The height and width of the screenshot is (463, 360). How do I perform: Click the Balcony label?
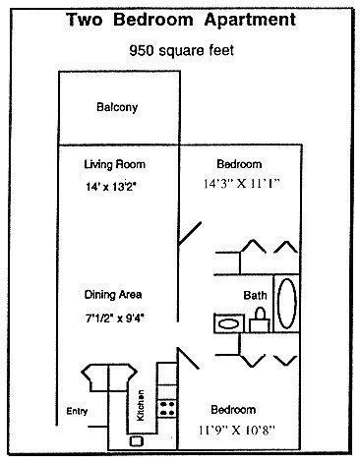[x=117, y=107]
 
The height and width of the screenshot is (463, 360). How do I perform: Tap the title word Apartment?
[x=250, y=20]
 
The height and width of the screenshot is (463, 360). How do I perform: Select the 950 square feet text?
[x=182, y=51]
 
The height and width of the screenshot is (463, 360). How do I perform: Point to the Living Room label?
[x=114, y=164]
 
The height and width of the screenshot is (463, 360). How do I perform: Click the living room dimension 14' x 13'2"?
[x=111, y=187]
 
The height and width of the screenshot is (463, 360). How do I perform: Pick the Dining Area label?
[x=113, y=295]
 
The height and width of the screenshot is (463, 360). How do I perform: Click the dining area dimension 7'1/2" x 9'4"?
[x=115, y=318]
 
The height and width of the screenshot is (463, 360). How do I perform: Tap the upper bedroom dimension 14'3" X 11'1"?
[x=241, y=184]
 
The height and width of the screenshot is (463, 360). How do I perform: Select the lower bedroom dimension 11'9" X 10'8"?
[x=236, y=430]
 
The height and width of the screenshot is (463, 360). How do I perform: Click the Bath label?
[x=255, y=295]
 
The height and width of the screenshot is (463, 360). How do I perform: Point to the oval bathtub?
[x=287, y=304]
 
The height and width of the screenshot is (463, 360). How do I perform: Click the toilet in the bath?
[x=260, y=320]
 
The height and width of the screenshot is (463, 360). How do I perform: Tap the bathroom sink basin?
[x=228, y=324]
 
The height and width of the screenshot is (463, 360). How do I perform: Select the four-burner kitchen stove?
[x=167, y=408]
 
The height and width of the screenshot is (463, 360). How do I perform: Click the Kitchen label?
[x=140, y=405]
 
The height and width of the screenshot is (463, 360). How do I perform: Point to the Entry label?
[x=77, y=412]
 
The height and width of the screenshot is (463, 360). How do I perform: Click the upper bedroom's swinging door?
[x=190, y=234]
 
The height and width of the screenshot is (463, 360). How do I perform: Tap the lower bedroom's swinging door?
[x=188, y=358]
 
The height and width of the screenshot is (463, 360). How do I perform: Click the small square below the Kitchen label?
[x=136, y=441]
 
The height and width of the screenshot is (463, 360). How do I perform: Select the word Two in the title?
[x=85, y=20]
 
